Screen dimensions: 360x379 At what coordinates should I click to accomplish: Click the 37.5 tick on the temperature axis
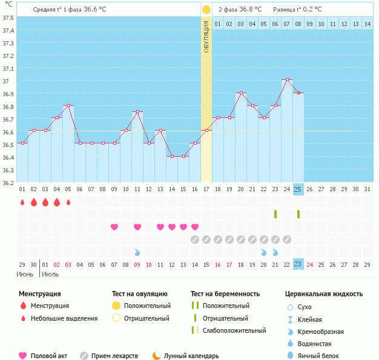coord(8,18)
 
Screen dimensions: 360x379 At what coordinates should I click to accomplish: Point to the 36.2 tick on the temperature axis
coord(8,182)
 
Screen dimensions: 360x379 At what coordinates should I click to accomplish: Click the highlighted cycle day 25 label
coord(298,189)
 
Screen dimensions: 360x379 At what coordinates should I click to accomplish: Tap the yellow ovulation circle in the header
coord(206,10)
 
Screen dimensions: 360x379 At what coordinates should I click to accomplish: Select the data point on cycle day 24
coord(287,80)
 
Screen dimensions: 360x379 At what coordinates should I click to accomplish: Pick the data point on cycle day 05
coord(68,106)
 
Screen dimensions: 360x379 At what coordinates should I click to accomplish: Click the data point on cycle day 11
coord(137,112)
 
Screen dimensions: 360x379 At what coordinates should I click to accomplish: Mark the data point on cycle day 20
coord(241,93)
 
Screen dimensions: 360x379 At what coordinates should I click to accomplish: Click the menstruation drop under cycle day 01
coord(22,202)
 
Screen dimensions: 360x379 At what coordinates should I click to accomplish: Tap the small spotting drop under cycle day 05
coord(68,202)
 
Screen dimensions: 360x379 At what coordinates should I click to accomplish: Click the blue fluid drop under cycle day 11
coord(137,252)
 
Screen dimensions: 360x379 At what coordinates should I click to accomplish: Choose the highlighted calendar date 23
coord(298,264)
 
